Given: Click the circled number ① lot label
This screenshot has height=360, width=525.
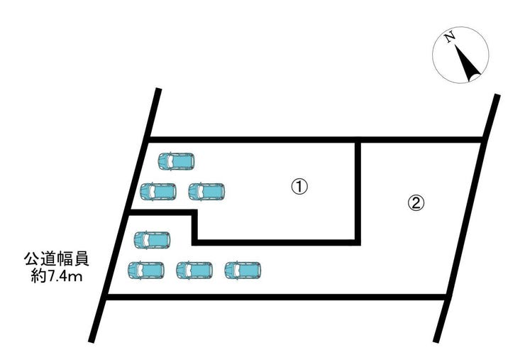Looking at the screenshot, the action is pos(299,186).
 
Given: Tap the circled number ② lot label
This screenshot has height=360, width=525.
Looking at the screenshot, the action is pos(416,203).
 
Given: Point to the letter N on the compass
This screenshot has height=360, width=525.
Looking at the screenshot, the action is pos(449,37).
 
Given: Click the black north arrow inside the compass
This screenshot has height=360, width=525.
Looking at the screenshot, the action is pos(467,61).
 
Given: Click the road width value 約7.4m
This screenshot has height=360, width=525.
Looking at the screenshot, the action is pos(57,276).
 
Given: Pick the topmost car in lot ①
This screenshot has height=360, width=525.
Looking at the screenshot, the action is pos(176,161).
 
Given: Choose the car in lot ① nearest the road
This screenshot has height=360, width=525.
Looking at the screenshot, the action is pos(157,192).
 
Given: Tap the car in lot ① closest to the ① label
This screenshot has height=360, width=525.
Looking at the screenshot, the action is pos(206,192).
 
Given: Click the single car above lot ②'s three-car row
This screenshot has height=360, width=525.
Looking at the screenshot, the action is pos(153,240).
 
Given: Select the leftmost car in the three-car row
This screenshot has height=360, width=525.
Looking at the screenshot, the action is pos(146,271).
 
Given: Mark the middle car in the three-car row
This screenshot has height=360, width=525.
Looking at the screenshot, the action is pos(194,271).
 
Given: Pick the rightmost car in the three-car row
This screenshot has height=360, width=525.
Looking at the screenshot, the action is pos(243,271).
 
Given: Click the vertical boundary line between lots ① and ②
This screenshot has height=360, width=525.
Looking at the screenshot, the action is pos(358,191).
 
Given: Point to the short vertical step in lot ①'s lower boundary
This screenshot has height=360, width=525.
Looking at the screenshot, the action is pos(194,227).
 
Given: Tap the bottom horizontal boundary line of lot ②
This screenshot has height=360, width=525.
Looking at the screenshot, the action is pos(277,297).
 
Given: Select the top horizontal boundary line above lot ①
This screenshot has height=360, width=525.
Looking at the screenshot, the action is pos(316,140).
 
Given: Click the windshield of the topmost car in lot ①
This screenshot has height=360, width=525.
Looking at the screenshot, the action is pos(170,161).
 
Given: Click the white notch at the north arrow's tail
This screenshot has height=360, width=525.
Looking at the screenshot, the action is pos(475,78).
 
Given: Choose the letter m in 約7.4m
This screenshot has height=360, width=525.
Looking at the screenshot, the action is pos(77,278).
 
